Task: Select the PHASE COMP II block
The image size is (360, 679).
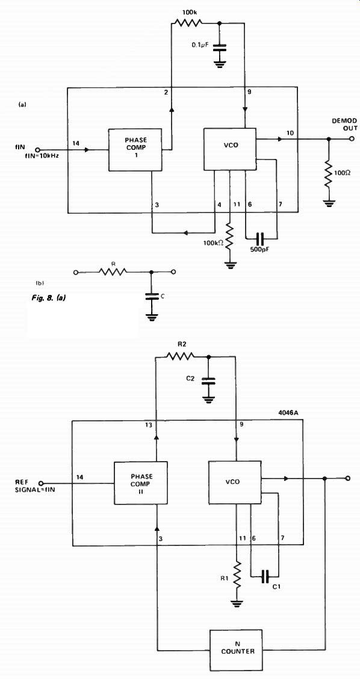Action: click(140, 483)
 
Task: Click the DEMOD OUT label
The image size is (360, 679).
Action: click(345, 124)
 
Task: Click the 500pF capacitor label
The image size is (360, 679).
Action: click(260, 250)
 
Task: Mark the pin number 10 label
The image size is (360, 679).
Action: click(290, 132)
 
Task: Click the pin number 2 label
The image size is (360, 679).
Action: click(166, 93)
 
